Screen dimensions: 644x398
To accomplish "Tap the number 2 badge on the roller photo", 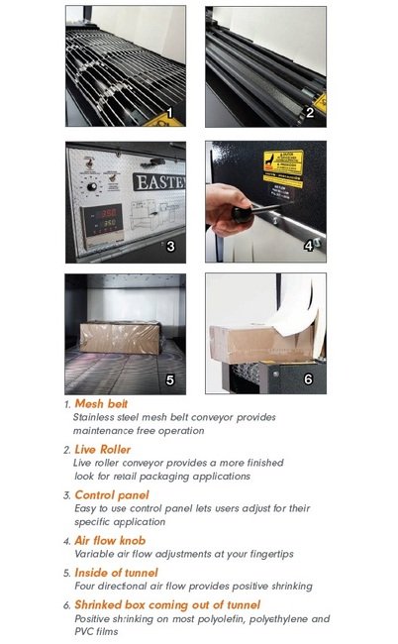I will [x=310, y=112].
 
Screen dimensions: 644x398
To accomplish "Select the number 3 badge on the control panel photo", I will [x=169, y=246].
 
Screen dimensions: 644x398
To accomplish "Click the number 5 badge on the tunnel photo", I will [x=169, y=377].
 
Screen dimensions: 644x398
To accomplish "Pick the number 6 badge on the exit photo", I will [x=309, y=377].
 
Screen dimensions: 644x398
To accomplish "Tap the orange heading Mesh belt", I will [x=101, y=403].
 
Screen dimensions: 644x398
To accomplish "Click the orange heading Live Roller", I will [x=102, y=449].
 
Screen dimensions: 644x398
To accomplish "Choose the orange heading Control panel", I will [x=111, y=494].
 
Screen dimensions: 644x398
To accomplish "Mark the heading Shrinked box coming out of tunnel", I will [x=166, y=603].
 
